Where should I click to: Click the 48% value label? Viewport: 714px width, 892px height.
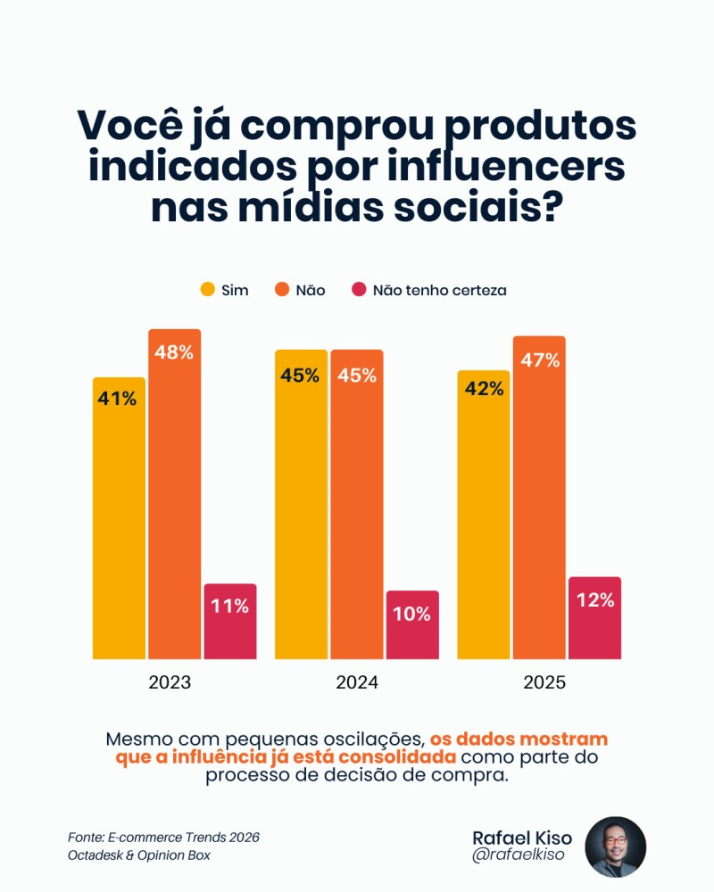(x=175, y=352)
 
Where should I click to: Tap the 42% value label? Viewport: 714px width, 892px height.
(x=484, y=390)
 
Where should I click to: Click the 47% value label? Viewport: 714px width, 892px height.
(x=539, y=360)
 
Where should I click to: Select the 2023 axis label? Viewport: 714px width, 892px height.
(x=170, y=683)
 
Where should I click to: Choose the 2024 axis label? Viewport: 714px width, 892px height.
(x=357, y=683)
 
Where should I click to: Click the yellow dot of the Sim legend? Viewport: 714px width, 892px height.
(x=207, y=290)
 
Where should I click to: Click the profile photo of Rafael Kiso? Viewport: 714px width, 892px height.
(x=615, y=847)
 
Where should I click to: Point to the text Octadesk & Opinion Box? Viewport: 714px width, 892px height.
(x=138, y=855)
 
